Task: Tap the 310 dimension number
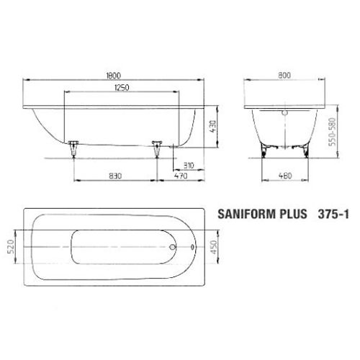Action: point(189,164)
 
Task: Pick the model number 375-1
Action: point(333,214)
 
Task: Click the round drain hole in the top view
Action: point(172,249)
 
